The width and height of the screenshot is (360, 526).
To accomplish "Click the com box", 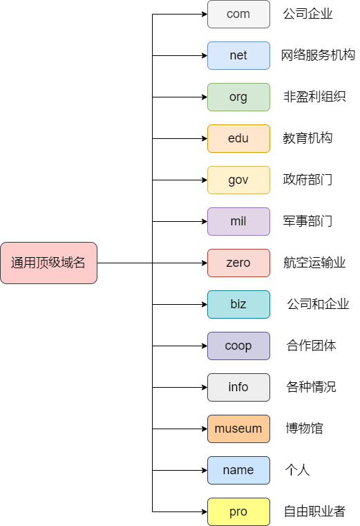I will coord(238,14).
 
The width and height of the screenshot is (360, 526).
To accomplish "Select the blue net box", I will coord(238,55).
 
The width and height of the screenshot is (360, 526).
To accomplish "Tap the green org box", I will coord(238,97).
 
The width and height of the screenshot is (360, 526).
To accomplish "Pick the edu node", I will coord(238,138).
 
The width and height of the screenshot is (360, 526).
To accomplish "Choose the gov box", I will coord(238,180).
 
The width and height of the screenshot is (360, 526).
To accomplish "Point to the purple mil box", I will coord(238,221).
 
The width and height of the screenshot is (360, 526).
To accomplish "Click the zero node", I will coord(238,263).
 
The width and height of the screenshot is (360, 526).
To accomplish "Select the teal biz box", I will coord(238,304).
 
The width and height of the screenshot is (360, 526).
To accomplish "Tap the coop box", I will coord(238,346).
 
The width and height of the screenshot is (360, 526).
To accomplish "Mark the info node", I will coord(238,387).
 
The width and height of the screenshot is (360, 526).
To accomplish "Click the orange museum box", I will coord(238,429).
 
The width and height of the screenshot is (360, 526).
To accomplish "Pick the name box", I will coord(238,470).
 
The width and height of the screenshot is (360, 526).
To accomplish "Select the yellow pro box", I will coord(238,511).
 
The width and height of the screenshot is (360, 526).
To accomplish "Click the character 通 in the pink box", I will coord(17,263).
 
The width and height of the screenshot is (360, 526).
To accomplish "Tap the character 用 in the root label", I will coord(30,263).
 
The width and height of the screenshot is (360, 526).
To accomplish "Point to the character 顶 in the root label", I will coord(42,263).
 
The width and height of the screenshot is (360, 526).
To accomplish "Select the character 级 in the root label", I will coord(55,263).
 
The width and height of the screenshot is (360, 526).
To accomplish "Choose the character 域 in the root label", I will coord(67,263).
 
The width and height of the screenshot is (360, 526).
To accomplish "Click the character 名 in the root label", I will coord(79,263).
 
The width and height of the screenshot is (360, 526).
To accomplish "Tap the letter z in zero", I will coord(229,263).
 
